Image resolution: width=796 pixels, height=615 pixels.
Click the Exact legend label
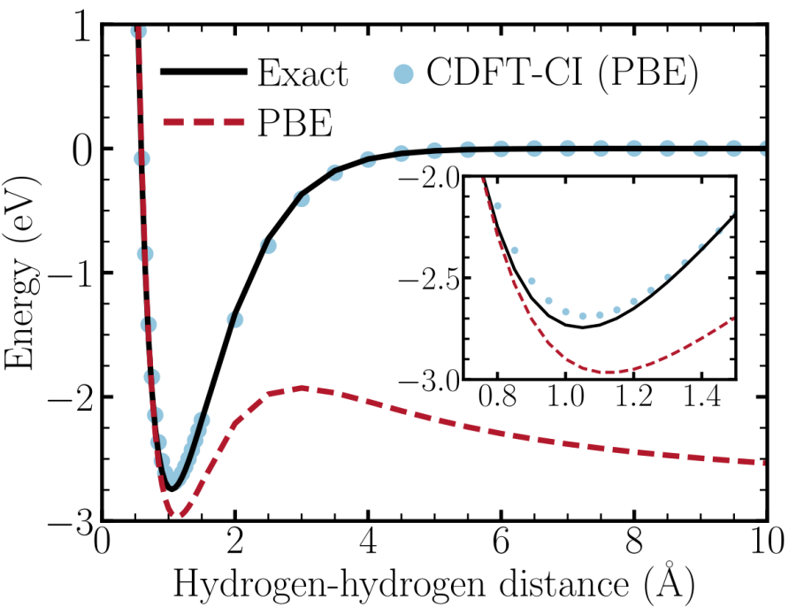[x=302, y=74]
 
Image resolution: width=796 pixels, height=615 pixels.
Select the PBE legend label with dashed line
[x=295, y=125]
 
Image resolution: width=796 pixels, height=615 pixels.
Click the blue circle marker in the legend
[x=402, y=75]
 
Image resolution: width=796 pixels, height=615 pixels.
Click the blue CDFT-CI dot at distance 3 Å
[x=302, y=198]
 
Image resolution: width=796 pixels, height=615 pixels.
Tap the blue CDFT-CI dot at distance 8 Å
[x=634, y=148]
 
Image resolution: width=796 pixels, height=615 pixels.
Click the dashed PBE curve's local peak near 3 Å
[x=302, y=388]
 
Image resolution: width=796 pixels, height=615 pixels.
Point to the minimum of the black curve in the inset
[x=583, y=327]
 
